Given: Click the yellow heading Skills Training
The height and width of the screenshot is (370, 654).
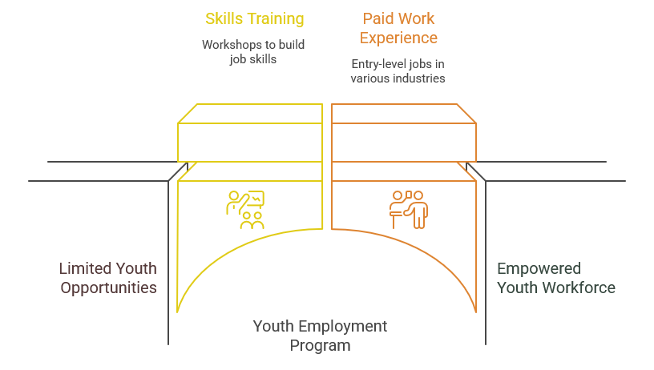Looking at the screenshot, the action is pos(254,19).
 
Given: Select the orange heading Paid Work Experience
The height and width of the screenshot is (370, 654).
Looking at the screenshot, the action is pos(398,28).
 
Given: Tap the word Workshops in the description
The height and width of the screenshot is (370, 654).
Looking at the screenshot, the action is pos(228,45).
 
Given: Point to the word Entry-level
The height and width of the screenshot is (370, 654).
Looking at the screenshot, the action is pos(373,64).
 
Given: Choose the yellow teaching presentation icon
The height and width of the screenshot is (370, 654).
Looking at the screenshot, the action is pos(246,210).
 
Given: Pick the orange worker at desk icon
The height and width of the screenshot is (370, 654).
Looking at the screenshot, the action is pos(409,210).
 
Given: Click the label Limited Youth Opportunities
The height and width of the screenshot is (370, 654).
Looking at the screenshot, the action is pos(108,278).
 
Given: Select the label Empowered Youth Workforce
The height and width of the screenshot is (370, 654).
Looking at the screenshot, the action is pos(556,278).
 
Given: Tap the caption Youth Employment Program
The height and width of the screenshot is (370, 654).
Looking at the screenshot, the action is pos(320,336).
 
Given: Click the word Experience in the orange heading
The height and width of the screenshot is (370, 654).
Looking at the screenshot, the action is pos(398,38).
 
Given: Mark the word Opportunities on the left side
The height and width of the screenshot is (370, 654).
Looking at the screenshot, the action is pos(108,288).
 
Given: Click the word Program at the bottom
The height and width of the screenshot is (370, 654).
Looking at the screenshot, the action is pos(320,345).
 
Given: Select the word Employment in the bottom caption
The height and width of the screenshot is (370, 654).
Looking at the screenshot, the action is pos(342,326).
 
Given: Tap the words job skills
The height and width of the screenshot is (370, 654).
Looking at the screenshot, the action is pos(252,59).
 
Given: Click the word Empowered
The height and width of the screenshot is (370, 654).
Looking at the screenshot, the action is pos(539,269).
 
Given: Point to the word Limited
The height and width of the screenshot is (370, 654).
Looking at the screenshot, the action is pos(85,269).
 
